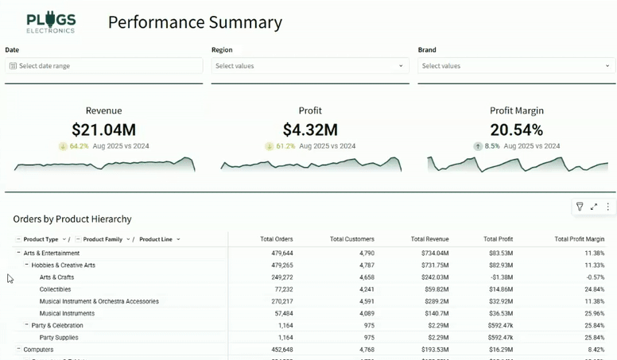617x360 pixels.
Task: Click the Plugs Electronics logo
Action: pos(51,22)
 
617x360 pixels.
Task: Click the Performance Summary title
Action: pos(195,22)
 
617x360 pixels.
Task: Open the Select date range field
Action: pos(103,66)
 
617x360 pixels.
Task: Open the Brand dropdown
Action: pos(516,66)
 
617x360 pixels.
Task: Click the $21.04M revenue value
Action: pos(103,130)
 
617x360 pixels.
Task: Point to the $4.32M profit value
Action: pos(310,130)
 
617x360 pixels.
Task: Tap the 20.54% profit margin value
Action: pos(516,130)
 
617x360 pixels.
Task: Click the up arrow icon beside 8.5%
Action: pos(478,146)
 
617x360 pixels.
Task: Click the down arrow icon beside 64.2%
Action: pos(63,146)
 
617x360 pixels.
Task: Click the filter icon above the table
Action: pos(580,207)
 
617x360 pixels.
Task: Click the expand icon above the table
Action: pos(594,207)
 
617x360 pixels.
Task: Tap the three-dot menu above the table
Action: pos(608,207)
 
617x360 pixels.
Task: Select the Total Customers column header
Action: pos(352,239)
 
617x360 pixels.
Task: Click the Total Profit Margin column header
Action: pos(579,239)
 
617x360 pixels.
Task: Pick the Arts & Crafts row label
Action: pos(56,277)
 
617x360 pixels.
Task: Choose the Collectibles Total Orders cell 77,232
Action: pos(277,289)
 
